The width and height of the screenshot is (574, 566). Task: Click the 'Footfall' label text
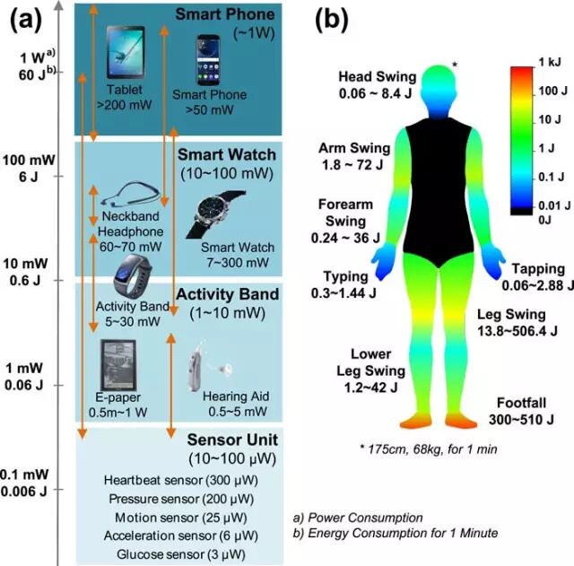tap(520, 402)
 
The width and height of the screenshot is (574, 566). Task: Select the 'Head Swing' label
tap(377, 77)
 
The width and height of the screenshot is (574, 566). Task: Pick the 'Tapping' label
tap(538, 268)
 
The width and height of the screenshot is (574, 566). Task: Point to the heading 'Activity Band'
tap(227, 294)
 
